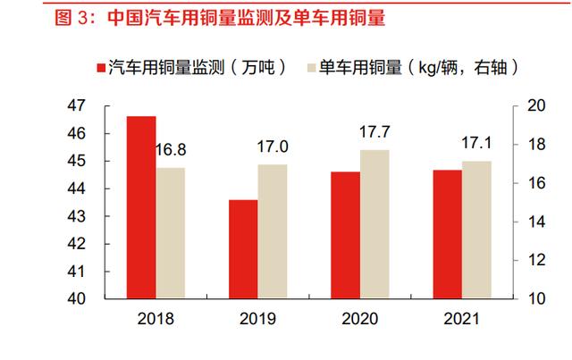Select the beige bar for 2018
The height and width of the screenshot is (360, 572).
coord(172,233)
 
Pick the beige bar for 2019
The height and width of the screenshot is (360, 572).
coord(273,231)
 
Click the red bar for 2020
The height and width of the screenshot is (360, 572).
coord(345,235)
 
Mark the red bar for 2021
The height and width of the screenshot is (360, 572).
coord(447,234)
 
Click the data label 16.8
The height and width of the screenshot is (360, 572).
coord(171,150)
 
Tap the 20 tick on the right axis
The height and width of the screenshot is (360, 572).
coord(534,105)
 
